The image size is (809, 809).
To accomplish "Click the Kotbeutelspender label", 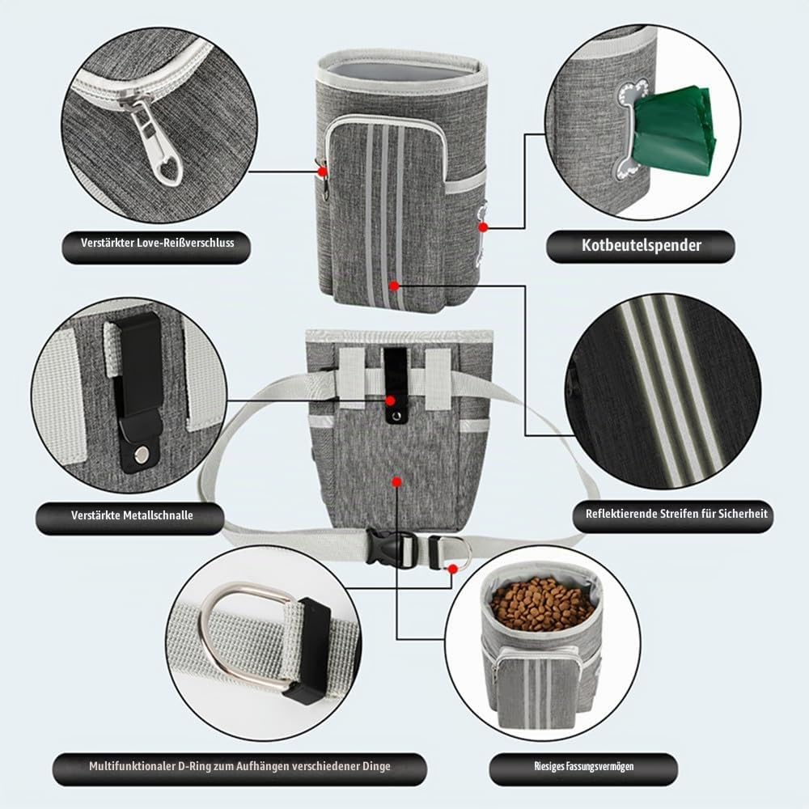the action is [641, 246].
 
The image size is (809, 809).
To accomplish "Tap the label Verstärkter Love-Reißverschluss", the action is [157, 243].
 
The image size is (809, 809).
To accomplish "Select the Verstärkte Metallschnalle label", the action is [132, 515].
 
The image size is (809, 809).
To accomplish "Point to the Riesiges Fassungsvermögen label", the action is [583, 766].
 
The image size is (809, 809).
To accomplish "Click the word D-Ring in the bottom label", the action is [194, 766].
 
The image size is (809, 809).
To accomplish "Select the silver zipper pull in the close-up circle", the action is [156, 142].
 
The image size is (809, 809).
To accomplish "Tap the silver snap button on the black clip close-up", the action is [141, 455].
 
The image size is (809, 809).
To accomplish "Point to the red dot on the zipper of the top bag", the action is [323, 171].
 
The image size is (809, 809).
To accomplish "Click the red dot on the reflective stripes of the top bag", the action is [394, 286].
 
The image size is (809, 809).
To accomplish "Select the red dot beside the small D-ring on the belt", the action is [452, 569].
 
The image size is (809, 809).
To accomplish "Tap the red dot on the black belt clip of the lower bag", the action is [391, 400].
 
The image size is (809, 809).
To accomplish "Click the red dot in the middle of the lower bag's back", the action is [396, 482].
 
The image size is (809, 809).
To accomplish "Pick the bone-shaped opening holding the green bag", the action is [627, 129].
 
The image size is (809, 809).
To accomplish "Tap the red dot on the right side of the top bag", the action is [483, 227].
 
